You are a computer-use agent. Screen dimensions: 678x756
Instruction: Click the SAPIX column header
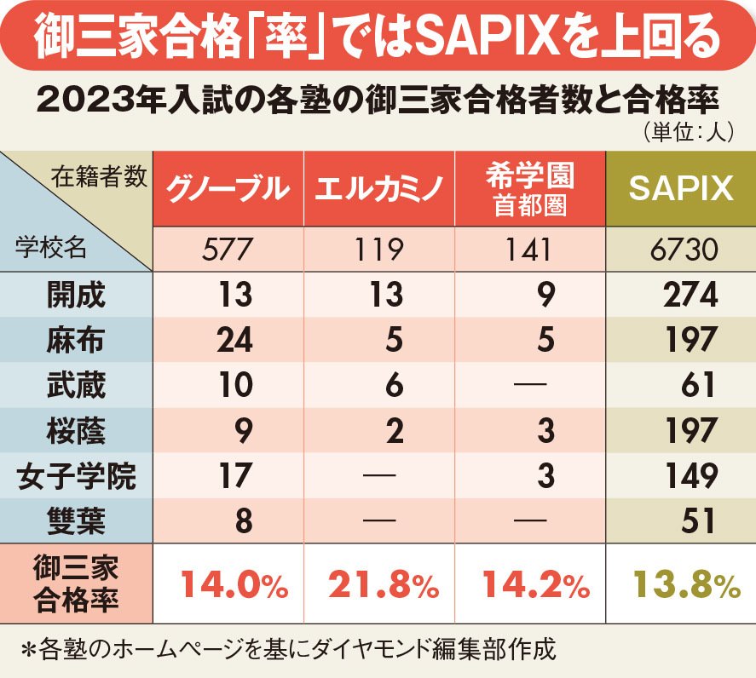pos(680,188)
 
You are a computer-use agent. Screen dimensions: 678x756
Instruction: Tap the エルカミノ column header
pos(378,188)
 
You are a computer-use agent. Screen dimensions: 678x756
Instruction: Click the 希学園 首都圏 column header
pos(529,188)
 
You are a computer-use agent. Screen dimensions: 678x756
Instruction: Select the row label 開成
pos(77,295)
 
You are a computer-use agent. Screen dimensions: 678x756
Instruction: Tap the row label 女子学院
pos(77,475)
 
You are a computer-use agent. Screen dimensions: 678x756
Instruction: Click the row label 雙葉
pos(77,520)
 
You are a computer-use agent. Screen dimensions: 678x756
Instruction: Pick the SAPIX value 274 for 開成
pos(690,295)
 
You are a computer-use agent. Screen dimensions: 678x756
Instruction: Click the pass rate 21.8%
pos(382,584)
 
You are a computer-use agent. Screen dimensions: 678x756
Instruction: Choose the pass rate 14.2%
pos(534,584)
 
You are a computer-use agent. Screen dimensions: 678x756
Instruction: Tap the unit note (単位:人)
pos(683,134)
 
